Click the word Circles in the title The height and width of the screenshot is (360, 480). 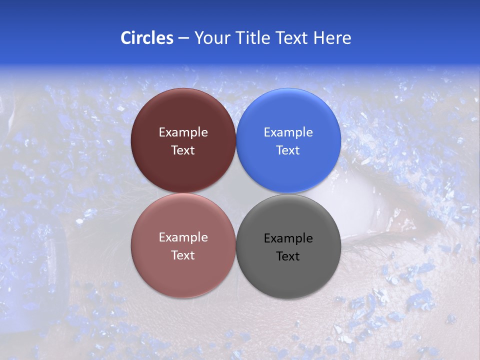146,38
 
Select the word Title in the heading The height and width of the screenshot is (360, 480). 254,38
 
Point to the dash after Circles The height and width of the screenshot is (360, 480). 183,38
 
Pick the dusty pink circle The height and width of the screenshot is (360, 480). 183,270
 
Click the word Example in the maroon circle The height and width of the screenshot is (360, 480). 183,132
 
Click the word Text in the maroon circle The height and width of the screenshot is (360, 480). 183,150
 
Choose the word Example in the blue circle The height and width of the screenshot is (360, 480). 288,132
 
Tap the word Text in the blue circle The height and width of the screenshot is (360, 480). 288,150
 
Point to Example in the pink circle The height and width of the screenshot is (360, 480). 183,237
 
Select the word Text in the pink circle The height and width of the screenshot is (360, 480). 183,255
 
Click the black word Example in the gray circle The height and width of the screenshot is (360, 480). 288,238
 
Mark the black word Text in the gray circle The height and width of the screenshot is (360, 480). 288,256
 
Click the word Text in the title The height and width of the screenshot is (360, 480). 291,38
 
